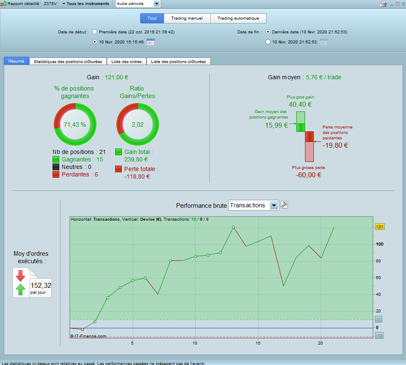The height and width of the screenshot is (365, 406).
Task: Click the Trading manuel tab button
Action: click(x=187, y=18)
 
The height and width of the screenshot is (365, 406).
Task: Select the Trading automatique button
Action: click(x=238, y=18)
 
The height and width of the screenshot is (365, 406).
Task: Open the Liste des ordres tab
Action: click(x=127, y=61)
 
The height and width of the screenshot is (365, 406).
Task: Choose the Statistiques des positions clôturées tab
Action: click(x=68, y=61)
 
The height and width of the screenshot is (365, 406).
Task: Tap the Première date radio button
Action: click(x=95, y=32)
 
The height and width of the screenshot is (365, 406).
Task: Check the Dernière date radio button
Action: click(x=268, y=32)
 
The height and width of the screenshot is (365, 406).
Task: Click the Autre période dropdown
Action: click(x=138, y=4)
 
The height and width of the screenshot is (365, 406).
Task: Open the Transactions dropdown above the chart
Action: click(x=253, y=205)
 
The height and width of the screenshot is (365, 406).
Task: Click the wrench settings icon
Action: click(x=284, y=205)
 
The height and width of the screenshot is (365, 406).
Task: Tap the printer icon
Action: click(x=383, y=4)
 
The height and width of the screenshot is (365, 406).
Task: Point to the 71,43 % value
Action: click(x=75, y=124)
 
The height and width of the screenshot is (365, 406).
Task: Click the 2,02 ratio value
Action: click(x=137, y=124)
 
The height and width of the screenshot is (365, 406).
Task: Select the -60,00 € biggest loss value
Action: click(x=308, y=175)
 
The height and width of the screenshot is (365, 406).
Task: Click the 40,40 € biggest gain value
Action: click(x=300, y=104)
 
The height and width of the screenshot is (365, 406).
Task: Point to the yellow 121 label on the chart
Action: click(x=380, y=227)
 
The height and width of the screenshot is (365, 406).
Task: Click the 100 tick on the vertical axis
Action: click(x=380, y=244)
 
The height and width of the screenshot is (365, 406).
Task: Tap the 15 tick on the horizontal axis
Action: click(x=258, y=343)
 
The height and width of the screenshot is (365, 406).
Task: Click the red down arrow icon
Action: click(x=20, y=276)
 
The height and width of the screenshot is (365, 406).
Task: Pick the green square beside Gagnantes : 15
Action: click(x=56, y=159)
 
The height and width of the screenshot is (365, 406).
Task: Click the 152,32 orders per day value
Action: click(x=41, y=286)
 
